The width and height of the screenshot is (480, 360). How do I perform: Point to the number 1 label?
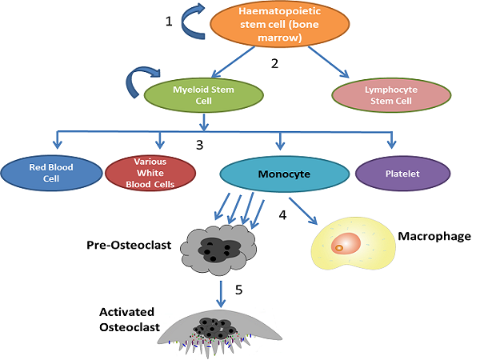click(169, 22)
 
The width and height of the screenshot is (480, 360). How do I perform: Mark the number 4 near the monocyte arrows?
click(282, 214)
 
